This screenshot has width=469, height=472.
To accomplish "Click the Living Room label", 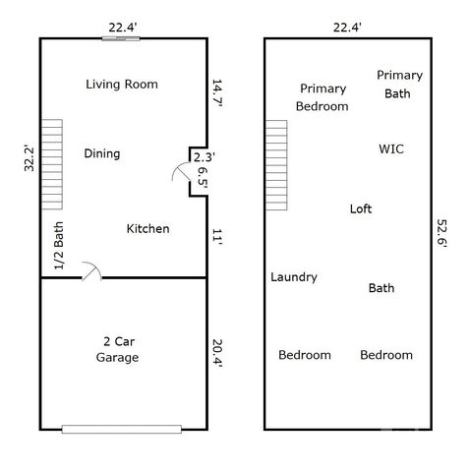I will [x=121, y=85].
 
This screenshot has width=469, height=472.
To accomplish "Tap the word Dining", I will [x=102, y=153].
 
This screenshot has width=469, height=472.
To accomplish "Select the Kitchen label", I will [x=148, y=229].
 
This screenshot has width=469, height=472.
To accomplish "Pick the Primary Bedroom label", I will [x=322, y=97].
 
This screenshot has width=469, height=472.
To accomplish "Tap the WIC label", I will [x=391, y=149].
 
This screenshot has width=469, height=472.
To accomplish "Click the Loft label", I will [x=361, y=208].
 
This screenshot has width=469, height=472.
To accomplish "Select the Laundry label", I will [x=294, y=277].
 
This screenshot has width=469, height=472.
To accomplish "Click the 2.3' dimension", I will [x=203, y=156].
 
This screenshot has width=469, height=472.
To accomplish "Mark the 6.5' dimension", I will [x=203, y=180].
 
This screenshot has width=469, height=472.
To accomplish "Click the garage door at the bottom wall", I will [x=122, y=429].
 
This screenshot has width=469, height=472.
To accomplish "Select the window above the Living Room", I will [x=120, y=39].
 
